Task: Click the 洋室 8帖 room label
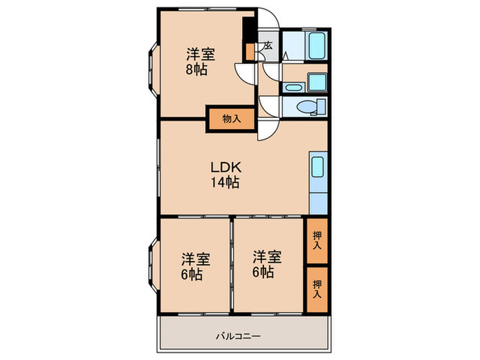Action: pos(201,62)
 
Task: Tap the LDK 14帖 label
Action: pos(225,174)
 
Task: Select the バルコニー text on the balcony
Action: pos(239,337)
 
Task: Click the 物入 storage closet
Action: pos(232,119)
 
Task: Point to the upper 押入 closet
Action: pos(317,241)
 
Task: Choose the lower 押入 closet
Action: pos(317,289)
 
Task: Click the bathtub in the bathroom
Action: pos(316,45)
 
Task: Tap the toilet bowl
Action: pos(307,107)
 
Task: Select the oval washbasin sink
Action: pos(293,88)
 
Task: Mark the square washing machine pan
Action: pos(317,82)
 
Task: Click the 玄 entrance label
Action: pos(267,46)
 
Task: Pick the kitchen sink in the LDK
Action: pos(317,167)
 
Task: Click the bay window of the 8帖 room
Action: pos(153,70)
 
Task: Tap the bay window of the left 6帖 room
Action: pos(153,267)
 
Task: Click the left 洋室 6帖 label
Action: pos(195,266)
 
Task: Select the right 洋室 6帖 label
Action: pos(267,264)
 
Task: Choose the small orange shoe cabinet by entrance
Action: pos(250,52)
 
